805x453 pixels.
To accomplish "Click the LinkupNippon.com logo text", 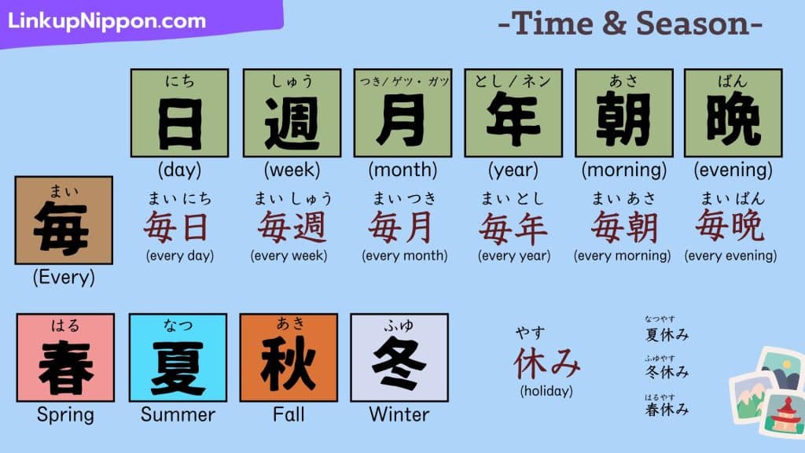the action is [x=107, y=20].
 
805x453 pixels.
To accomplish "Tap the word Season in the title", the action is [x=693, y=24].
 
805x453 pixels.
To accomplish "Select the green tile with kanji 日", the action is [x=180, y=113].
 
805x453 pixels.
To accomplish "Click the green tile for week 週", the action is [x=292, y=113].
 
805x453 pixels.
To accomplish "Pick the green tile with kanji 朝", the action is [x=623, y=113].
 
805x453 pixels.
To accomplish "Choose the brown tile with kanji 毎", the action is [x=64, y=220].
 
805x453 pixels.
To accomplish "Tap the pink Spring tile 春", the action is [x=65, y=358].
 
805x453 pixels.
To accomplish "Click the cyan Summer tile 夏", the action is [x=178, y=358].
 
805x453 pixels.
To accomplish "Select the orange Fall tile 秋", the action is [x=289, y=358].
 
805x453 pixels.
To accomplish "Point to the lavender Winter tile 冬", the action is [x=399, y=358].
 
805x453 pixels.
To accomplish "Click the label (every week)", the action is [x=289, y=256].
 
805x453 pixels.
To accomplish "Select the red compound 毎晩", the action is [x=730, y=226].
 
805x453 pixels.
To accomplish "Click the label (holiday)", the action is [x=546, y=391].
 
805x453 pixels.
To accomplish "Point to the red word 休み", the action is [x=547, y=363].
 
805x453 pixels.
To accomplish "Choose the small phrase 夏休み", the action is [x=667, y=335].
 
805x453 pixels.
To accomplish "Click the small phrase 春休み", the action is [x=667, y=409].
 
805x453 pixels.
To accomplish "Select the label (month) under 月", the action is [x=403, y=170].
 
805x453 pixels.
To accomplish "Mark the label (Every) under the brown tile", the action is [x=64, y=278].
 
